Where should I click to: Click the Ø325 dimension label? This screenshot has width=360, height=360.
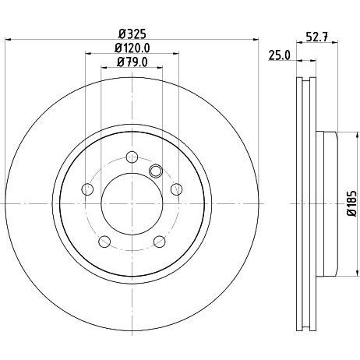pos(132,34)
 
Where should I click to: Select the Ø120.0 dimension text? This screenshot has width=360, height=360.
pos(132,48)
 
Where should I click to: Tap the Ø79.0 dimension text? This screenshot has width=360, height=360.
pos(132,62)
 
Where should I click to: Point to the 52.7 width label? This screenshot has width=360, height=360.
pos(317,37)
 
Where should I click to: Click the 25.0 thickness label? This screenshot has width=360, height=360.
pos(279,55)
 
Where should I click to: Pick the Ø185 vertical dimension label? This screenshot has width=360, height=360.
pos(352,203)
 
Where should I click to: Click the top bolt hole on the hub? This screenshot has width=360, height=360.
pos(132,157)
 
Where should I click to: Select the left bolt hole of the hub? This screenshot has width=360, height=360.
pos(87,189)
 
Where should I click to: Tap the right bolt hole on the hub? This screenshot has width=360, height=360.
pos(177,189)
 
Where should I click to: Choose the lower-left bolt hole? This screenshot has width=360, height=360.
pos(104,242)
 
